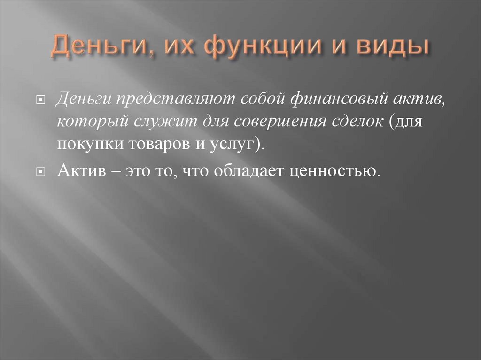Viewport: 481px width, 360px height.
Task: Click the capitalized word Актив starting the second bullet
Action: pos(80,171)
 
